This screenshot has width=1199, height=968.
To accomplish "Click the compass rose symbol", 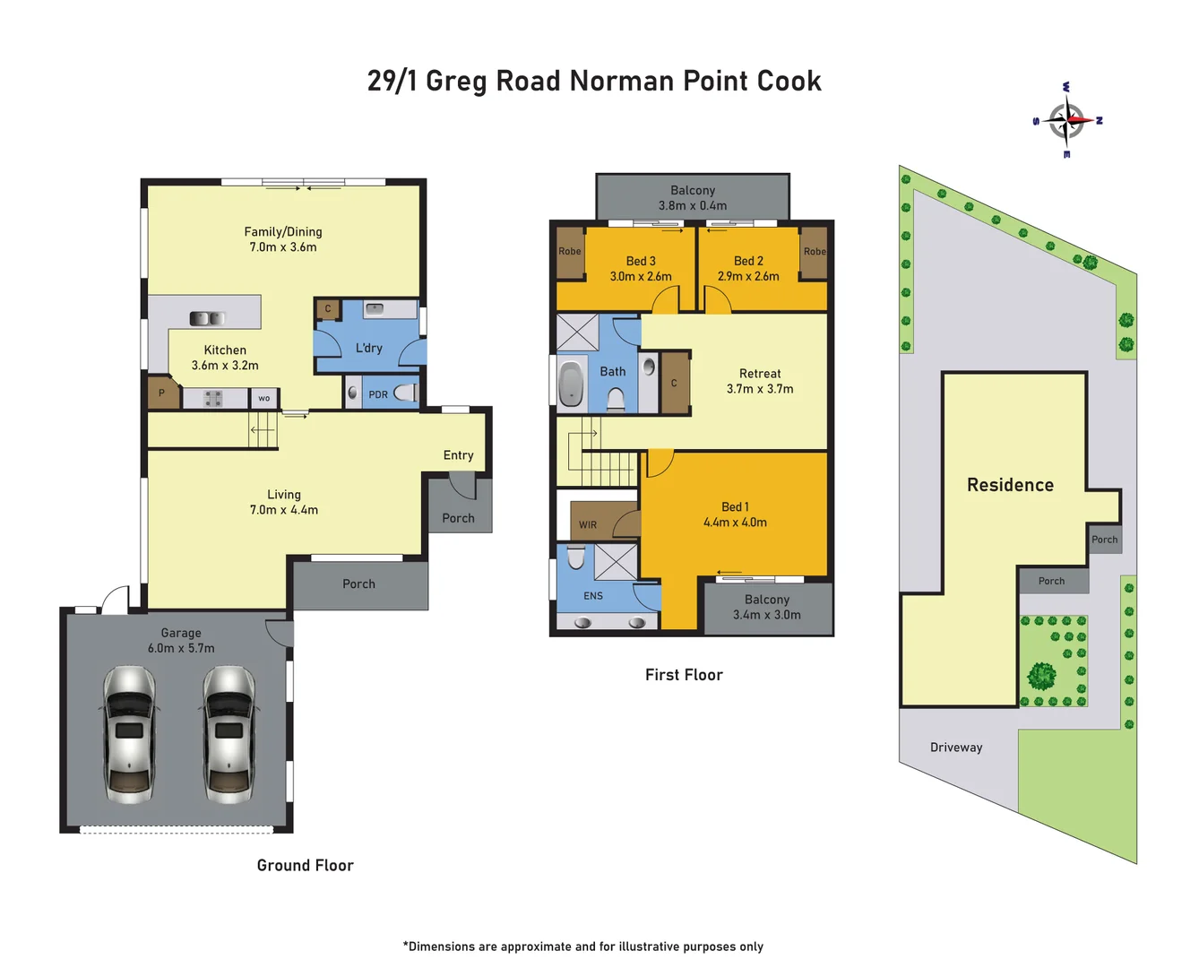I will point(1066,120).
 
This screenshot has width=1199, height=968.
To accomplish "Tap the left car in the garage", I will point(130,733).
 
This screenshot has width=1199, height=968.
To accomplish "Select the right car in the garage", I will point(229,733).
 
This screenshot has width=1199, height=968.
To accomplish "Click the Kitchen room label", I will point(225,350).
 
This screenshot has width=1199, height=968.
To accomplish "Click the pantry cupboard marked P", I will point(162,393).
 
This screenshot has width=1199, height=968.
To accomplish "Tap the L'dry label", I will point(368,348).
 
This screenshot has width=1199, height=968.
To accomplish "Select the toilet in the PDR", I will point(406,393).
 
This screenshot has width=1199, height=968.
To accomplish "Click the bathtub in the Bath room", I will point(571,384).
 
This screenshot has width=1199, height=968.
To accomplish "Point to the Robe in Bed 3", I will point(570,252).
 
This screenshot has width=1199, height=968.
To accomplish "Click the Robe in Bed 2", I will point(814,252).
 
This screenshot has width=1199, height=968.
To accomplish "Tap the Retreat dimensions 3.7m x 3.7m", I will point(759,389).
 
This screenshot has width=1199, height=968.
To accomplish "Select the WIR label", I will point(588,525).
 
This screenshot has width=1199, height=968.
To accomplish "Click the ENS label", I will point(593,596).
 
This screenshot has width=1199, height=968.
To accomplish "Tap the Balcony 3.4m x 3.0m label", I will point(767,607).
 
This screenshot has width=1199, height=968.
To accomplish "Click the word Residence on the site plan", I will point(1010,485).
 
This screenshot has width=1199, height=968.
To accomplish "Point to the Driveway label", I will point(956,748).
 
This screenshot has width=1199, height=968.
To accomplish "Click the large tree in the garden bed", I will point(1041,675).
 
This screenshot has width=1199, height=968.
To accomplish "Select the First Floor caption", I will point(684,675).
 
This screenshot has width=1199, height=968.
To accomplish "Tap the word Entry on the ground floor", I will point(458,455).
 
